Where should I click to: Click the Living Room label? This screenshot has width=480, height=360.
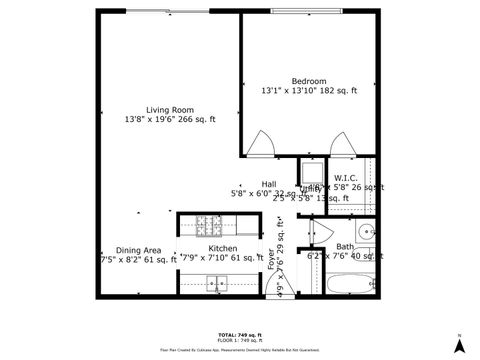coord(169,110)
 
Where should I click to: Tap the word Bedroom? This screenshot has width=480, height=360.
coord(308,81)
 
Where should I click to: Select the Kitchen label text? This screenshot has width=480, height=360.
coord(222,247)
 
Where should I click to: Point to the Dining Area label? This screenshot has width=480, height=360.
coord(138,250)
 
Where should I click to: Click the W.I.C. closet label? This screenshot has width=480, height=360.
coord(346,177)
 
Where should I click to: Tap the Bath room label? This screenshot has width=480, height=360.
coord(344,246)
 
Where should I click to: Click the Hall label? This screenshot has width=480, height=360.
coord(269,184)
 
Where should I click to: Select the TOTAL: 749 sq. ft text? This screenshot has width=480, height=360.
coord(239,334)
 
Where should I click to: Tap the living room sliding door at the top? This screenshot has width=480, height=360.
coord(160,11)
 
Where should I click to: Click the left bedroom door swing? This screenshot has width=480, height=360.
coord(259,144)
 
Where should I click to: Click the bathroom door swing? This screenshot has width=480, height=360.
coord(317,232)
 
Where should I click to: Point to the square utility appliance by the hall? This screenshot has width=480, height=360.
coord(311,169)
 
